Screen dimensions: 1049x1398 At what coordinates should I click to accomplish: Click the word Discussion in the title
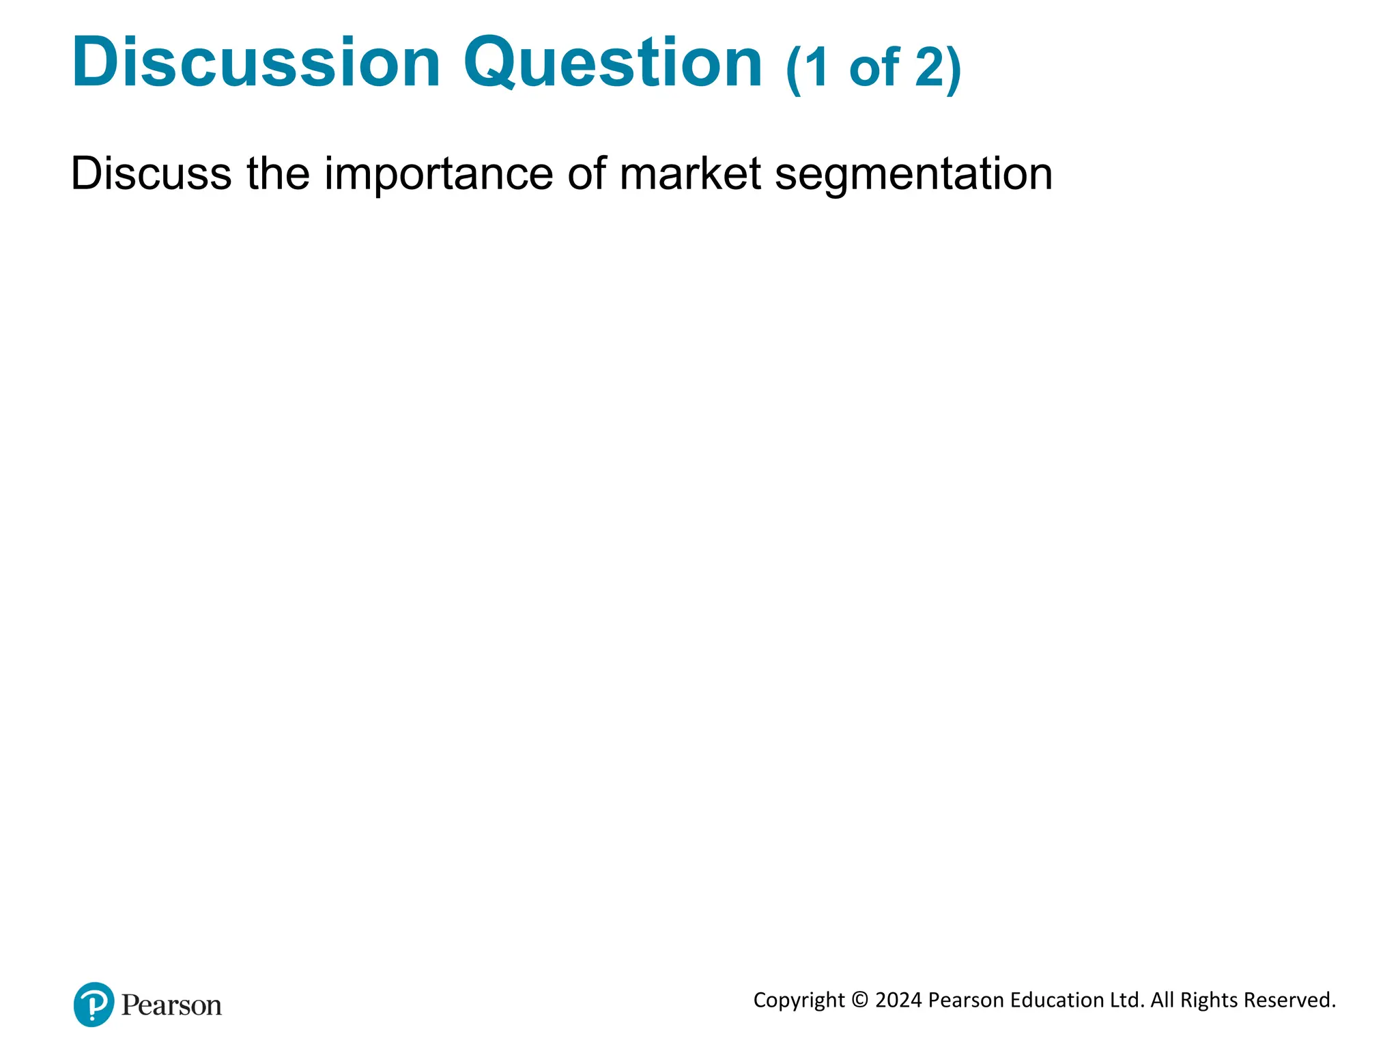[x=256, y=63]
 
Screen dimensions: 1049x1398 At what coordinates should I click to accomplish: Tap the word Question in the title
[x=612, y=63]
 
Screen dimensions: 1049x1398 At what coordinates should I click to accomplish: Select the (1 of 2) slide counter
[x=873, y=68]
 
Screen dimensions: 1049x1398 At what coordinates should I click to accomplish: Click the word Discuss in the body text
[x=151, y=173]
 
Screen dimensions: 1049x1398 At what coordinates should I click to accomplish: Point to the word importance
[x=438, y=175]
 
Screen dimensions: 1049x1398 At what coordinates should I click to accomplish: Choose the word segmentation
[x=913, y=175]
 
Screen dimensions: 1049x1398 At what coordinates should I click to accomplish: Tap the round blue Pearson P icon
[x=94, y=1004]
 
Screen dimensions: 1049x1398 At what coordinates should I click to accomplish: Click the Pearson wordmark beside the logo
[x=171, y=1005]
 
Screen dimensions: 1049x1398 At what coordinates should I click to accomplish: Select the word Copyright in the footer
[x=799, y=1001]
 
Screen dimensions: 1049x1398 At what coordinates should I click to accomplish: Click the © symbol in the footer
[x=860, y=1000]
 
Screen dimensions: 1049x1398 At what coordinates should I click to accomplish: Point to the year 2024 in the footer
[x=898, y=1000]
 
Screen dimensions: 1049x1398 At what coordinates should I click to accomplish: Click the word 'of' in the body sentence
[x=586, y=173]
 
